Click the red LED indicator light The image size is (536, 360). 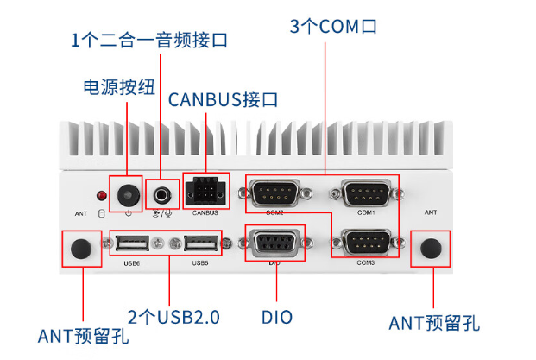[102, 195]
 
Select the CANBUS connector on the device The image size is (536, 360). [205, 191]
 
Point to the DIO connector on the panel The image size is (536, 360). [274, 243]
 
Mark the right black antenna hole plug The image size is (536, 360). [431, 249]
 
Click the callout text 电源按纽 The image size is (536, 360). [118, 87]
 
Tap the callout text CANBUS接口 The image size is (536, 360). [223, 99]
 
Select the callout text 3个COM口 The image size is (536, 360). [333, 26]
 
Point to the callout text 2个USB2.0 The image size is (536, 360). [173, 317]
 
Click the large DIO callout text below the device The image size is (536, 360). [276, 317]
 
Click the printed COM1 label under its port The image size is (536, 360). [366, 212]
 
